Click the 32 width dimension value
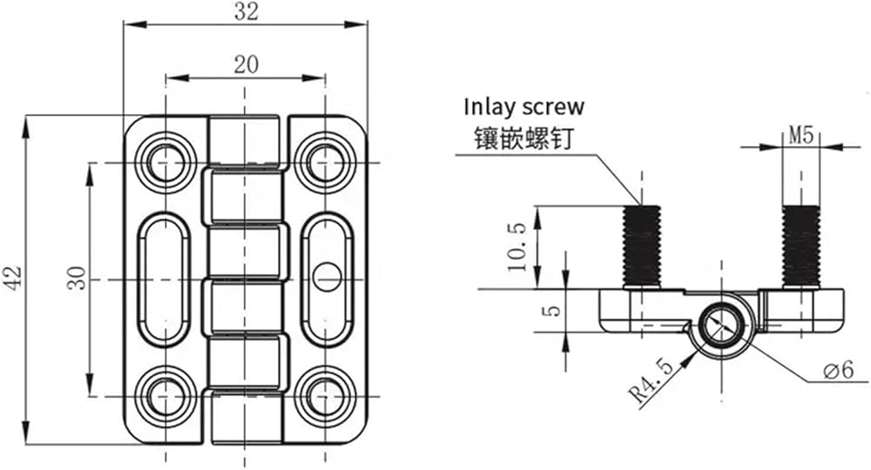point(246,11)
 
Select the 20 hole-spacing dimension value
point(246,64)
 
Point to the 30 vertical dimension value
point(78,278)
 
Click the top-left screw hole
point(165,163)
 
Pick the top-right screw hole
point(325,163)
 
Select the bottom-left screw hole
point(165,397)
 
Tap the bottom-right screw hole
point(325,397)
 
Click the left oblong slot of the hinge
point(138,279)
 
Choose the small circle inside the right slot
point(327,277)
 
